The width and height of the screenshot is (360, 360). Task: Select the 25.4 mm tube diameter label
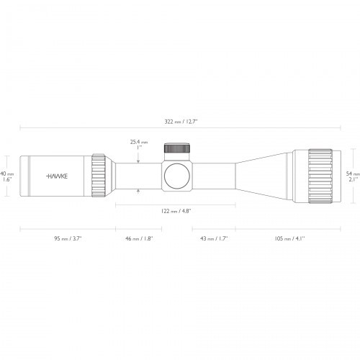tap(138, 143)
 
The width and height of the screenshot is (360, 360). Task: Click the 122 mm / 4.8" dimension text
tap(176, 211)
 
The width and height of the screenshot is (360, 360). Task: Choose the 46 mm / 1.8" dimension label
tap(138, 238)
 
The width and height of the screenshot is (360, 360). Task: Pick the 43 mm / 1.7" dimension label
tap(213, 238)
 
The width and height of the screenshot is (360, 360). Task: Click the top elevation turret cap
tap(176, 149)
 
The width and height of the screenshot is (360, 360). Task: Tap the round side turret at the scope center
tap(176, 175)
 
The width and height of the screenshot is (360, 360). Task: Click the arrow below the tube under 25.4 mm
tap(138, 192)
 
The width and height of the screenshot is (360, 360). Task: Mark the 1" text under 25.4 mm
tap(138, 149)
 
